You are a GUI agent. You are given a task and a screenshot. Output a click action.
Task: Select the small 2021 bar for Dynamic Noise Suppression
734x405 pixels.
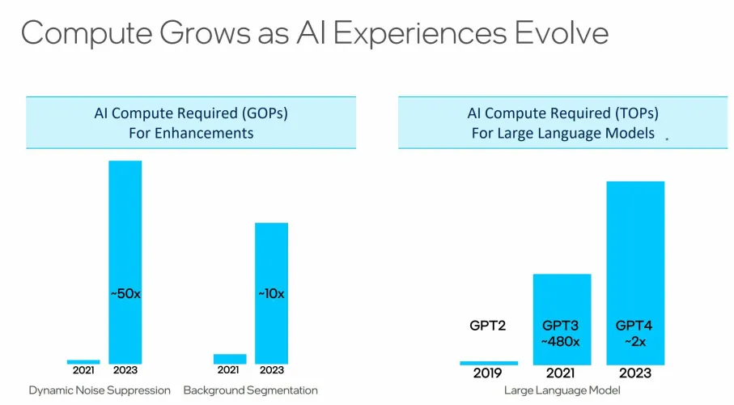click(83, 361)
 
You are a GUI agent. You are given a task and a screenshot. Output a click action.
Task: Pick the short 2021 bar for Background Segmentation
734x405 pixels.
click(230, 359)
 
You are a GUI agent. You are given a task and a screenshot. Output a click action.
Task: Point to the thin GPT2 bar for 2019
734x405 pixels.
click(489, 363)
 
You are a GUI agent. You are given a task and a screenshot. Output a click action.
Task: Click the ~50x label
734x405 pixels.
click(125, 293)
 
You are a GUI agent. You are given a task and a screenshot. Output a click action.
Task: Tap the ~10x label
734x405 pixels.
click(271, 293)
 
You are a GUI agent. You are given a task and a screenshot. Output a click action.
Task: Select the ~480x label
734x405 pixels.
click(562, 342)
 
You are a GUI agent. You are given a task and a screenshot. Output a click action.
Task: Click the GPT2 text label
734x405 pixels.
click(489, 326)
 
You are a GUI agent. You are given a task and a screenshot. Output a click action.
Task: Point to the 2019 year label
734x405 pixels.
click(489, 374)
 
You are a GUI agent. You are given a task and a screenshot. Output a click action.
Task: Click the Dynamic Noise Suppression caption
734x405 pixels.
click(100, 390)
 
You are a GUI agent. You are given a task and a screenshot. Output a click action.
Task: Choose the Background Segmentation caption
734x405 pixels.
click(250, 390)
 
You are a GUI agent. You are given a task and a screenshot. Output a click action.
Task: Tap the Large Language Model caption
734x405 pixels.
click(562, 390)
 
